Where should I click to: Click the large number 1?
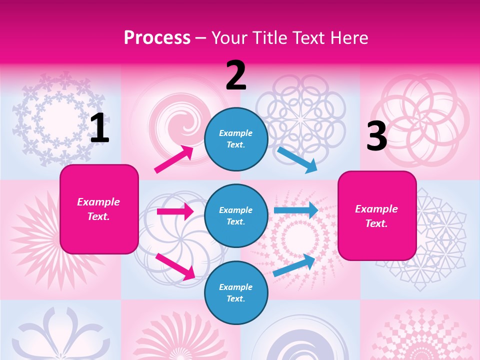[x=99, y=128]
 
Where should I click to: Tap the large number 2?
[x=236, y=75]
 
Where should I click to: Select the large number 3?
[x=376, y=136]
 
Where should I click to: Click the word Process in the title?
[x=157, y=37]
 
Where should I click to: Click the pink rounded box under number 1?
[x=99, y=209]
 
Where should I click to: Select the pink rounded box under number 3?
[x=377, y=216]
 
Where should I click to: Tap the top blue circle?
[x=236, y=139]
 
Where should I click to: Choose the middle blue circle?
[x=236, y=216]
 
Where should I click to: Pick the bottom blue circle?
[x=236, y=293]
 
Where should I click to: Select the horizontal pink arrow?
[x=175, y=211]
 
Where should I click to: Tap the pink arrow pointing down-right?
[x=175, y=266]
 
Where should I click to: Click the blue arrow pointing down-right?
[x=297, y=159]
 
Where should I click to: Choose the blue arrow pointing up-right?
[x=294, y=265]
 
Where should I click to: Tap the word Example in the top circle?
[x=236, y=133]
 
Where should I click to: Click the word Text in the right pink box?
[x=376, y=223]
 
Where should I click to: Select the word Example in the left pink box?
[x=98, y=202]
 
